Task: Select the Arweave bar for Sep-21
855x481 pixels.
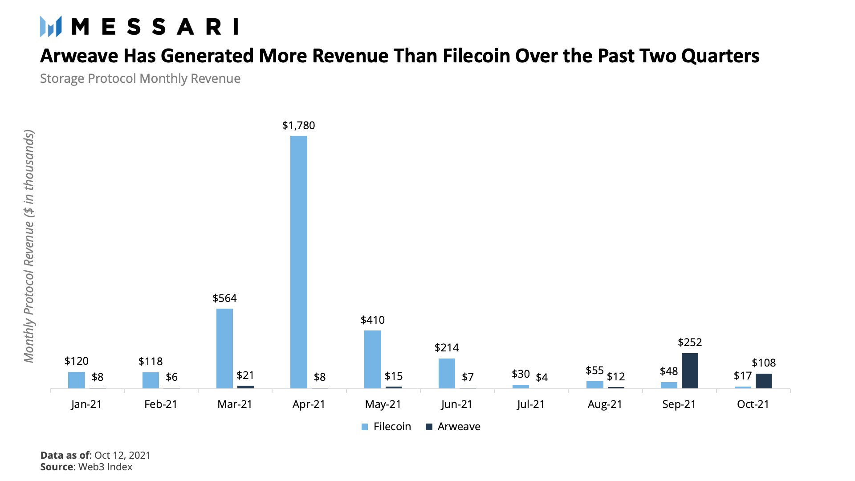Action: point(690,371)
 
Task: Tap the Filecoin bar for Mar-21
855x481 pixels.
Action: point(224,348)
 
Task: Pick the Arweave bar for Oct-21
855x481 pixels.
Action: point(764,381)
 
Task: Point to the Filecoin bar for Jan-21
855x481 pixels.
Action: point(77,380)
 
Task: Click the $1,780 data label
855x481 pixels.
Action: point(298,126)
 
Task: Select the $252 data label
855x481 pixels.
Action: point(690,342)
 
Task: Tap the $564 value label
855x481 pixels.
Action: point(224,298)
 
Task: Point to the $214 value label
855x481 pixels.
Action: point(447,348)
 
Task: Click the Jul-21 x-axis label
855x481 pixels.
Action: point(531,404)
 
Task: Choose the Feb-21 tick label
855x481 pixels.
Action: point(161,404)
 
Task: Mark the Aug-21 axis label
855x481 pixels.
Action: point(605,404)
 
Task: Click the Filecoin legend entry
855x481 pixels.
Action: point(387,427)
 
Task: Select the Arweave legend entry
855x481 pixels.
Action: point(453,427)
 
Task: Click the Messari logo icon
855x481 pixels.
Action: point(50,26)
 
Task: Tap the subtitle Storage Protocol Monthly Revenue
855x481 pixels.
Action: point(140,78)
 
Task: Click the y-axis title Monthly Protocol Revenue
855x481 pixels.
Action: point(29,246)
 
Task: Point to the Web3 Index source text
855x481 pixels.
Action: point(106,467)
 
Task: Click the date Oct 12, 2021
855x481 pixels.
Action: point(122,455)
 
